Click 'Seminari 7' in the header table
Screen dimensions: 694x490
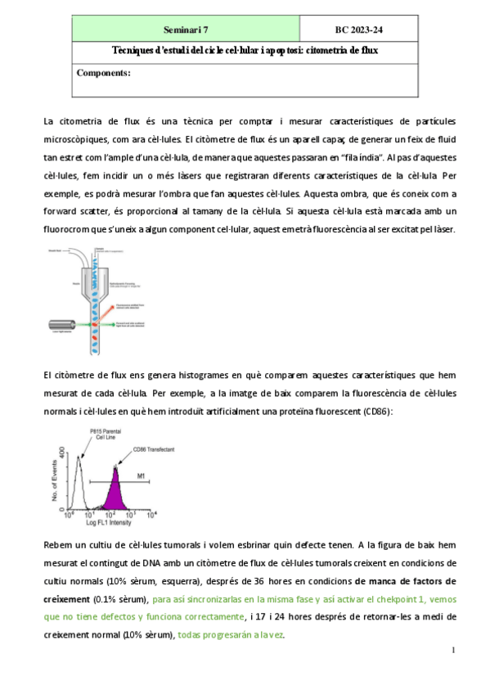point(186,30)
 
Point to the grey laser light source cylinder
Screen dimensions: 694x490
point(61,324)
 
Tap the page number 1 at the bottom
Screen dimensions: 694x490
point(452,651)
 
